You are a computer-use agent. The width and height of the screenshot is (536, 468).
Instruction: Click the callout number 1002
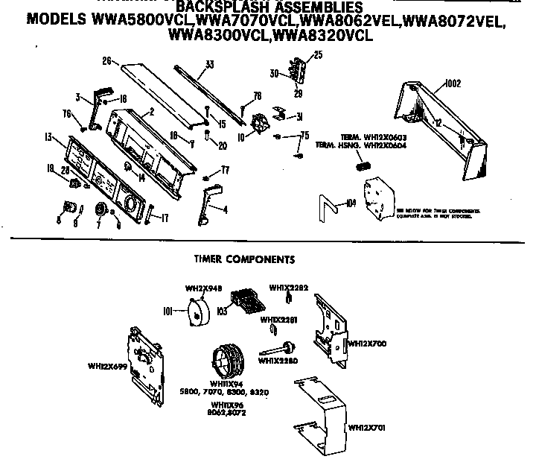pyautogui.click(x=452, y=85)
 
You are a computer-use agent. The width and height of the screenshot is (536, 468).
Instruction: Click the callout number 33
pyautogui.click(x=210, y=65)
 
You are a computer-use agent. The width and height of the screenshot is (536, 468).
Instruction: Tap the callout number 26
pyautogui.click(x=106, y=60)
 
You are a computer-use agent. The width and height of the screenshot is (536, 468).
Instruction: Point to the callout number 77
pyautogui.click(x=225, y=171)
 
